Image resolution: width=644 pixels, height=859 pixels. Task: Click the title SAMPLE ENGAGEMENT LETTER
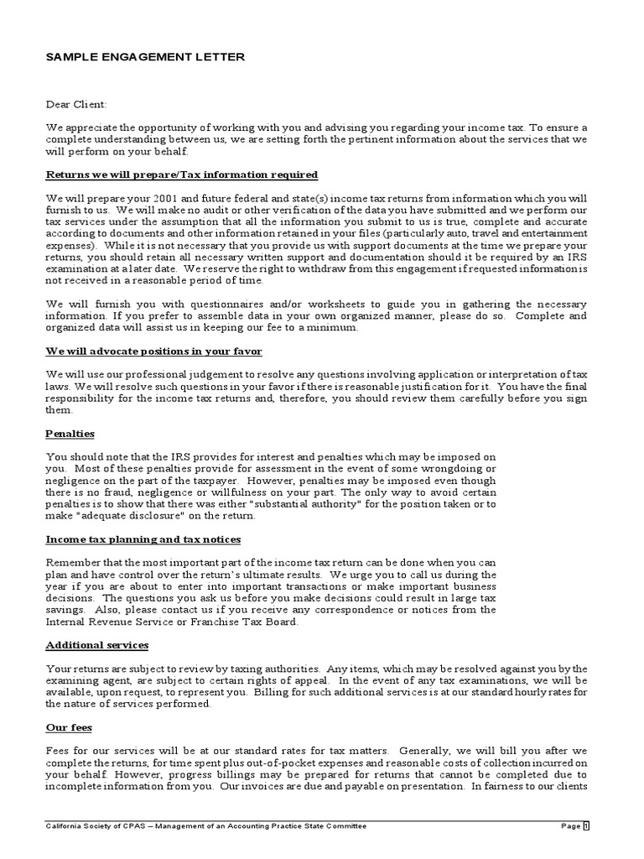point(145,56)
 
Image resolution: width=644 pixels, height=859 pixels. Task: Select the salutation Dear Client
point(76,105)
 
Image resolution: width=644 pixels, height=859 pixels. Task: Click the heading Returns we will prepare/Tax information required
point(182,174)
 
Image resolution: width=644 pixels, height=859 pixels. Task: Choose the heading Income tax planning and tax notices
point(143,539)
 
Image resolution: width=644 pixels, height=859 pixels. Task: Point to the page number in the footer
point(586,826)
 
